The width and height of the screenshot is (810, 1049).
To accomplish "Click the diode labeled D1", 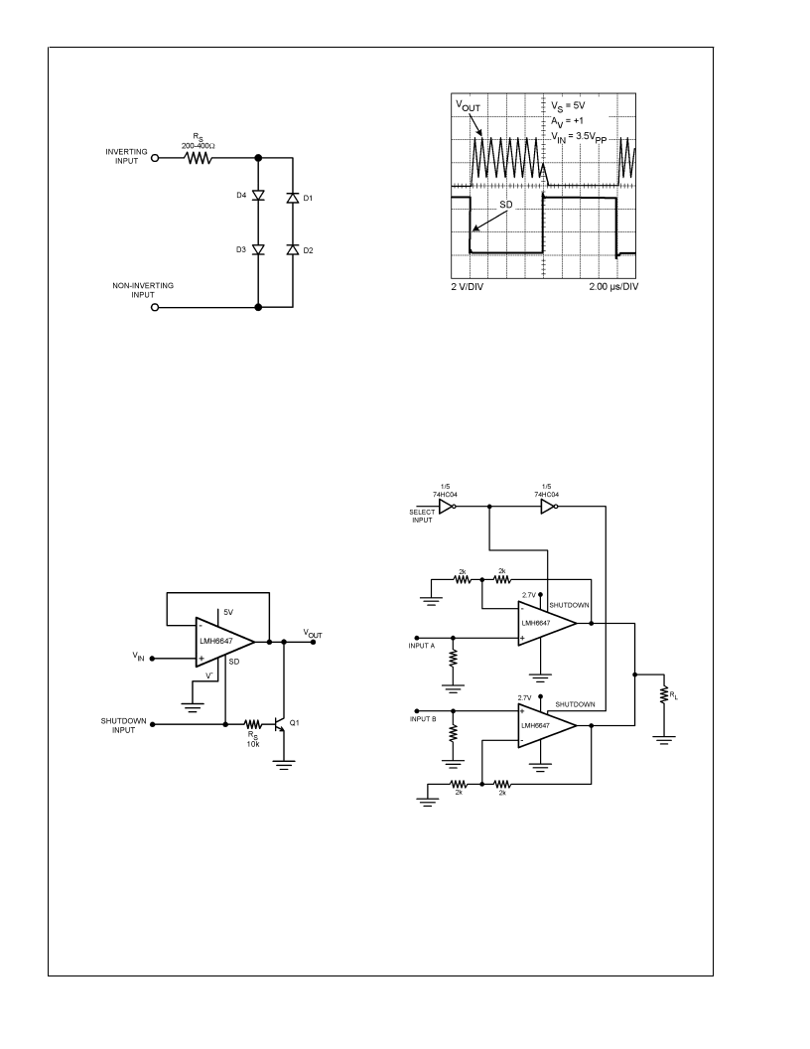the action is (292, 198).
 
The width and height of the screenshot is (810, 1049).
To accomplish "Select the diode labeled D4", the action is (259, 196).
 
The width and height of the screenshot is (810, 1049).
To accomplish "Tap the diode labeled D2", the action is (292, 249).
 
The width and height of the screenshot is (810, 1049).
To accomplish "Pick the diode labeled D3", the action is (259, 249).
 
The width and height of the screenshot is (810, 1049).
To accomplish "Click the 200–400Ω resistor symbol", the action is (199, 159).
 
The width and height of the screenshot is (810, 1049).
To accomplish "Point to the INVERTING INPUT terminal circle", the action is (155, 159).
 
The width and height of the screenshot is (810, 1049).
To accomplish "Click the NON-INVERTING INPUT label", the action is (142, 290).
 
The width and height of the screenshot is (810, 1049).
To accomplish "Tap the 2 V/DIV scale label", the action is (468, 286).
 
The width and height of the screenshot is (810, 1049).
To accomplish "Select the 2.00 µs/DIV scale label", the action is (613, 286).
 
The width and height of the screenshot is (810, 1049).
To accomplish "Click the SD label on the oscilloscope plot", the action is (506, 204).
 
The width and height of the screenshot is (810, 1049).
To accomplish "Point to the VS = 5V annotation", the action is (568, 106).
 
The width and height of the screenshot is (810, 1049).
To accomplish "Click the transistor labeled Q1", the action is (280, 724).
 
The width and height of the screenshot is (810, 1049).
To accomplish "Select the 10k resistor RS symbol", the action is (252, 724).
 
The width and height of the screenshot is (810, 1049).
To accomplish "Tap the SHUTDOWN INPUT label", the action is (124, 725).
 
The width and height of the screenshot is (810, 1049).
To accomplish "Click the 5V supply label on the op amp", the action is (228, 612).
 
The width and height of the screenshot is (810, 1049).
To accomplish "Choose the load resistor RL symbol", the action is (664, 695).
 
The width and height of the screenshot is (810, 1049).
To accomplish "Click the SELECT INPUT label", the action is (423, 516).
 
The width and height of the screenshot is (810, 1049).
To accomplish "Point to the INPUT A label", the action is (422, 646).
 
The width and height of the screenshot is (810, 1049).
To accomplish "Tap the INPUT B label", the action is (423, 719).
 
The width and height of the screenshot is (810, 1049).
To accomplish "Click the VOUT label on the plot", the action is (468, 105).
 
